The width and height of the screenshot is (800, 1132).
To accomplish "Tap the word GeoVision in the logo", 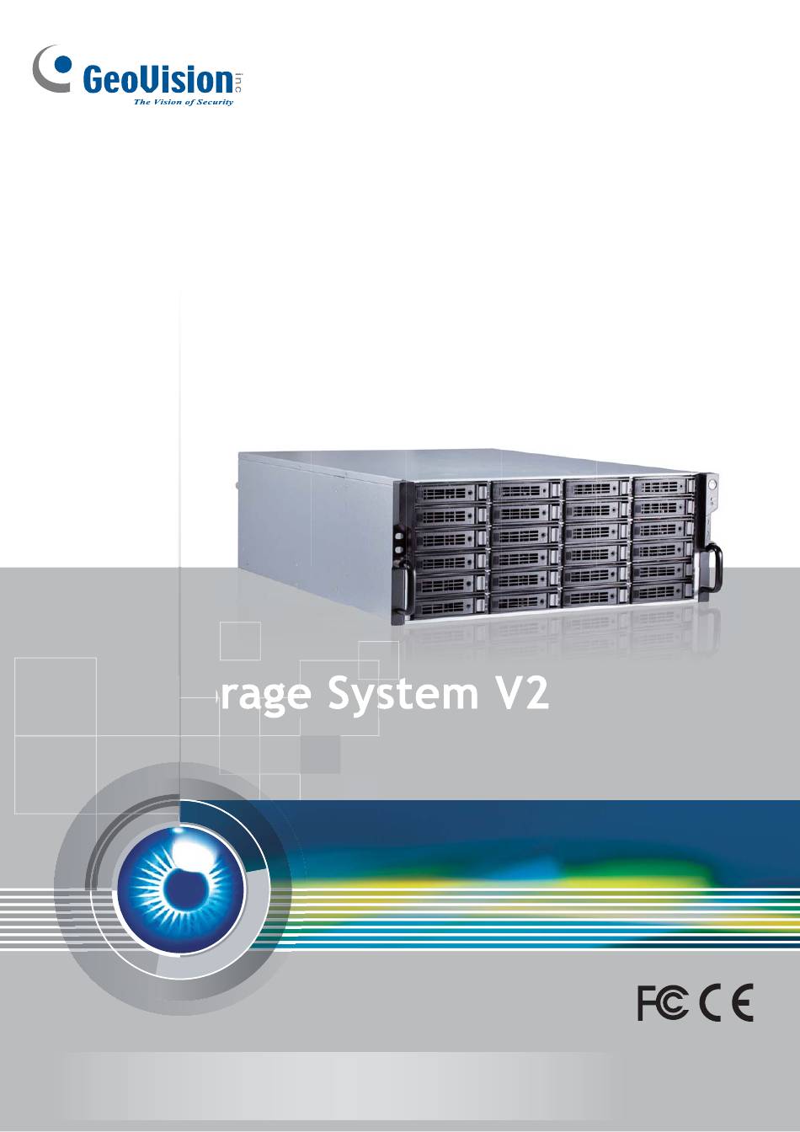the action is point(157,81).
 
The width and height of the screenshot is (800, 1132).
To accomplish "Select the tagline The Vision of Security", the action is point(184,102).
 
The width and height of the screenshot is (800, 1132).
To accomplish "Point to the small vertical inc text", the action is point(239,83).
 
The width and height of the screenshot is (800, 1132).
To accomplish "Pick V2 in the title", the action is point(521,694).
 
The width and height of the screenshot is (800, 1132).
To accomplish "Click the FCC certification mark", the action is point(663,1002).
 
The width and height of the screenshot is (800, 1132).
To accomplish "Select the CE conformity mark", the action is point(728,1002).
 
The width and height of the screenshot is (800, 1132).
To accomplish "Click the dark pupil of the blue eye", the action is point(182,889).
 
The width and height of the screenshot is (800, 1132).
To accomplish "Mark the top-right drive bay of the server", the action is point(663,487).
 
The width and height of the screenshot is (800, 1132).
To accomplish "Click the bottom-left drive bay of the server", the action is point(450,606).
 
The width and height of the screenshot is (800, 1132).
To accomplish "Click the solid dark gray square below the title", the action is point(320,754).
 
